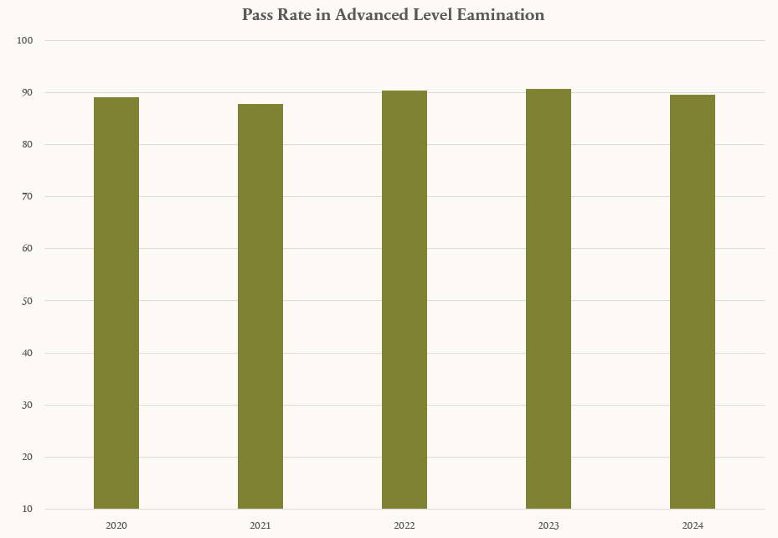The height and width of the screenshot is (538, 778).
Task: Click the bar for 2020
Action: (116, 303)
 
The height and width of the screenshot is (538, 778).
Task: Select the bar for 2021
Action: (260, 307)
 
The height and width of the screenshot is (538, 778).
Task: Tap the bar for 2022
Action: (404, 300)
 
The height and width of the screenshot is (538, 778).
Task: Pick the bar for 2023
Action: (549, 299)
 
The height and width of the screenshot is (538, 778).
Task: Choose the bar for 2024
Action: (693, 302)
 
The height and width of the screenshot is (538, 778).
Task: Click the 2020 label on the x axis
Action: (116, 525)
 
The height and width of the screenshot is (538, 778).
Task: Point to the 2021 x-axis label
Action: (260, 525)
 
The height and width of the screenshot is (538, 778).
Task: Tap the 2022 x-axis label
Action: (404, 525)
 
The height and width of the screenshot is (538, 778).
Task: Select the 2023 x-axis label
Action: (549, 525)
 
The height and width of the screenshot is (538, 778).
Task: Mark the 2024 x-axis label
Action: (693, 525)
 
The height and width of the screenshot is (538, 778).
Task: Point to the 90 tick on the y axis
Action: (27, 92)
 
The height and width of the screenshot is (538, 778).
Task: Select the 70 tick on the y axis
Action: (27, 196)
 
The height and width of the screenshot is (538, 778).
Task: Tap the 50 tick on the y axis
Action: (27, 301)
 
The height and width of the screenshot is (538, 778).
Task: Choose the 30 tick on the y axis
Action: (27, 405)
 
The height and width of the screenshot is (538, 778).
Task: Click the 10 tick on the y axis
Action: (27, 509)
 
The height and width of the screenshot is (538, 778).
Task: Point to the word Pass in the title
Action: (258, 15)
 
